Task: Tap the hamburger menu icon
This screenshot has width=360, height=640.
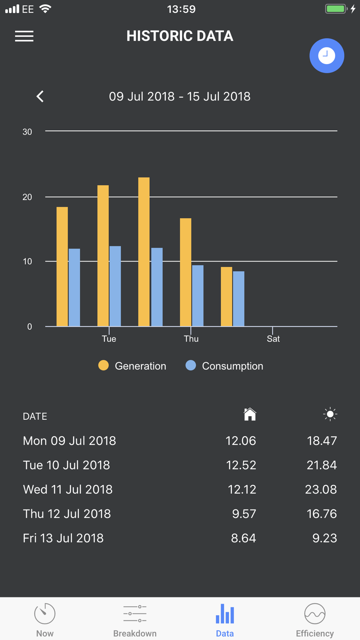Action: (x=24, y=36)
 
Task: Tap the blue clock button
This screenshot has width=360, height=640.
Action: (x=327, y=56)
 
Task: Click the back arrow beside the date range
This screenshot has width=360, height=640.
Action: (x=40, y=96)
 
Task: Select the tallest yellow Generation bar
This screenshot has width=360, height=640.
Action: (x=144, y=252)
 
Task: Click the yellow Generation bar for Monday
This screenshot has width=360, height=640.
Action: (x=62, y=266)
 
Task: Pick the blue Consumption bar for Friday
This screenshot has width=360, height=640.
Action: (x=238, y=299)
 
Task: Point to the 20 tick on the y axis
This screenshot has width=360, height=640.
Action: (x=27, y=197)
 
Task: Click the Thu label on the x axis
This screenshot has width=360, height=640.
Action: (x=191, y=339)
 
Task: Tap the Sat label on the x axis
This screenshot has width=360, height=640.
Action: (x=273, y=339)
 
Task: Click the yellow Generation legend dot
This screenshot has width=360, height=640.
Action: (x=104, y=365)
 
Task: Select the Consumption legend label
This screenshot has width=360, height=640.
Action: (x=233, y=366)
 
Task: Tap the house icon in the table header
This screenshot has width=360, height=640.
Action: (x=250, y=414)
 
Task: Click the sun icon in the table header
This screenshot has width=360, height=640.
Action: (x=330, y=414)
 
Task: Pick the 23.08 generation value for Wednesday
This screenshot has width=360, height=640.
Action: (x=321, y=490)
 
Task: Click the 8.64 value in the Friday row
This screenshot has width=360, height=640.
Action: (x=243, y=538)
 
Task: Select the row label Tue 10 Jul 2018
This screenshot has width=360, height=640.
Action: (x=67, y=465)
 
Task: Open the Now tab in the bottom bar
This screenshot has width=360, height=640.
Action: (x=45, y=619)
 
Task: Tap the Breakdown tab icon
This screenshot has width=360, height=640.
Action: (x=135, y=614)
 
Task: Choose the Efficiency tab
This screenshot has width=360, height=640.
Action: (x=315, y=619)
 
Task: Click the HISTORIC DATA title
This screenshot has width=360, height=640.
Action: (x=180, y=36)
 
